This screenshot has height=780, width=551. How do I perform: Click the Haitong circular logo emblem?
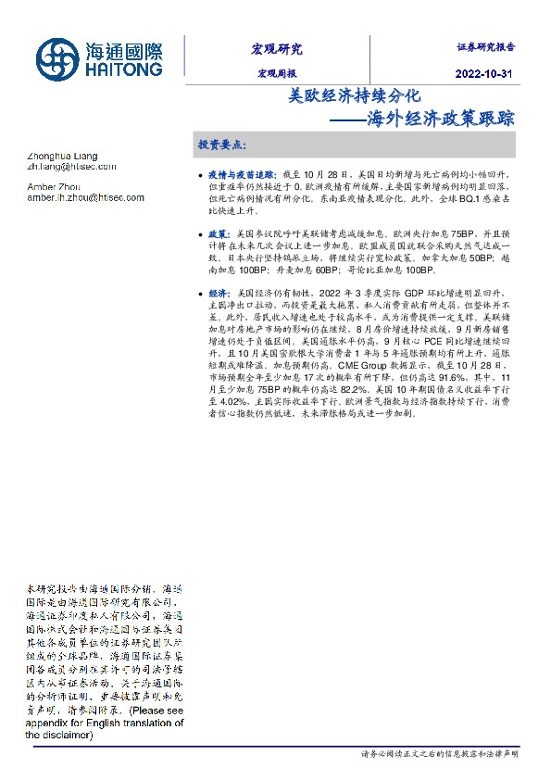point(56,57)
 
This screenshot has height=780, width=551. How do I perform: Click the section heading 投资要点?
point(222,145)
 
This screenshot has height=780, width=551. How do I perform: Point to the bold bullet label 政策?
point(218,235)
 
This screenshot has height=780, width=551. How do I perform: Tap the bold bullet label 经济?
point(218,294)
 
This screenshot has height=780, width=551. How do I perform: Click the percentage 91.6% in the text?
point(456,378)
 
